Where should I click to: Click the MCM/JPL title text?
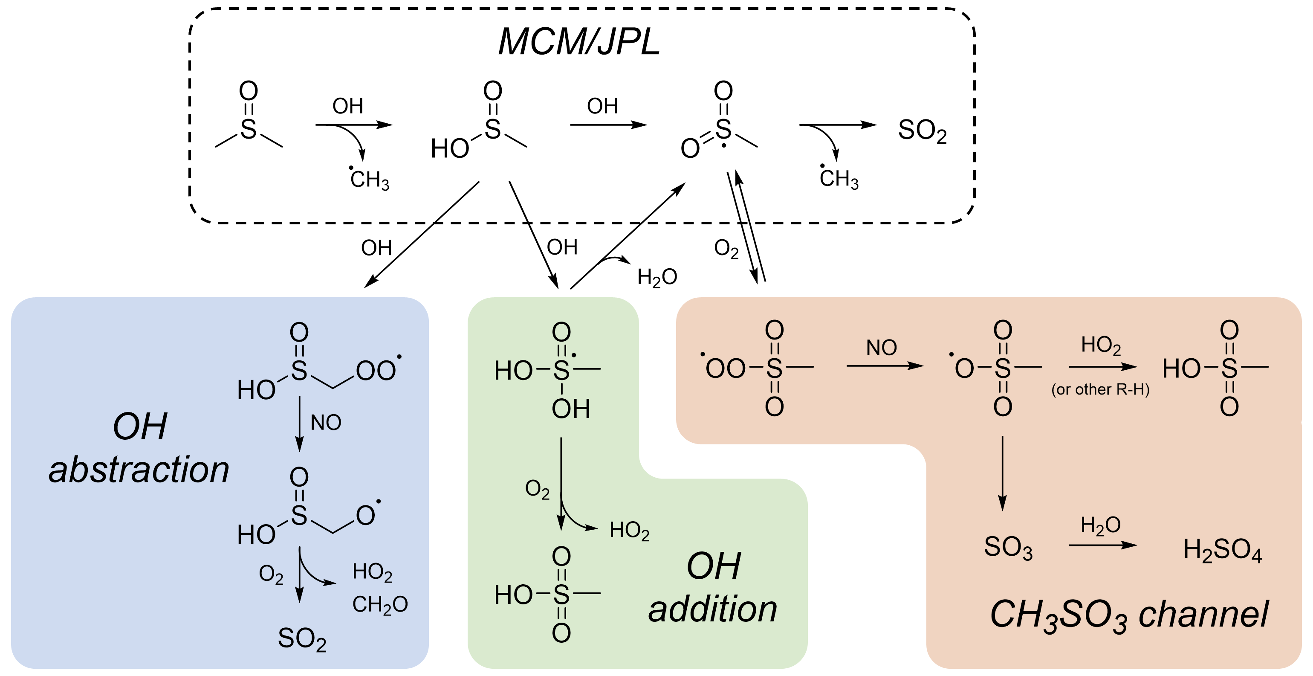tap(579, 42)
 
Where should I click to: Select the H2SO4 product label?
tap(1222, 550)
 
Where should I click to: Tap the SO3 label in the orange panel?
tap(1008, 548)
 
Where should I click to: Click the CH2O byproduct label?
tap(380, 605)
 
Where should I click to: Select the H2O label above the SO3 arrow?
tap(1100, 525)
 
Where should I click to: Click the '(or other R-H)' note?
tap(1100, 389)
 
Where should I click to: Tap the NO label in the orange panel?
tap(881, 348)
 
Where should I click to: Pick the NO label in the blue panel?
tap(326, 423)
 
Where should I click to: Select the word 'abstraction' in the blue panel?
tap(139, 470)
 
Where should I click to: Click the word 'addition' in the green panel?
tap(713, 610)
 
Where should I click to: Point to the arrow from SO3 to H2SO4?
tap(1103, 545)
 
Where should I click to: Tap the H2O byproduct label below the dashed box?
tap(657, 277)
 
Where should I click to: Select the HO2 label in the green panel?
tap(630, 530)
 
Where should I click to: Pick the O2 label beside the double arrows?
tap(726, 249)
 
